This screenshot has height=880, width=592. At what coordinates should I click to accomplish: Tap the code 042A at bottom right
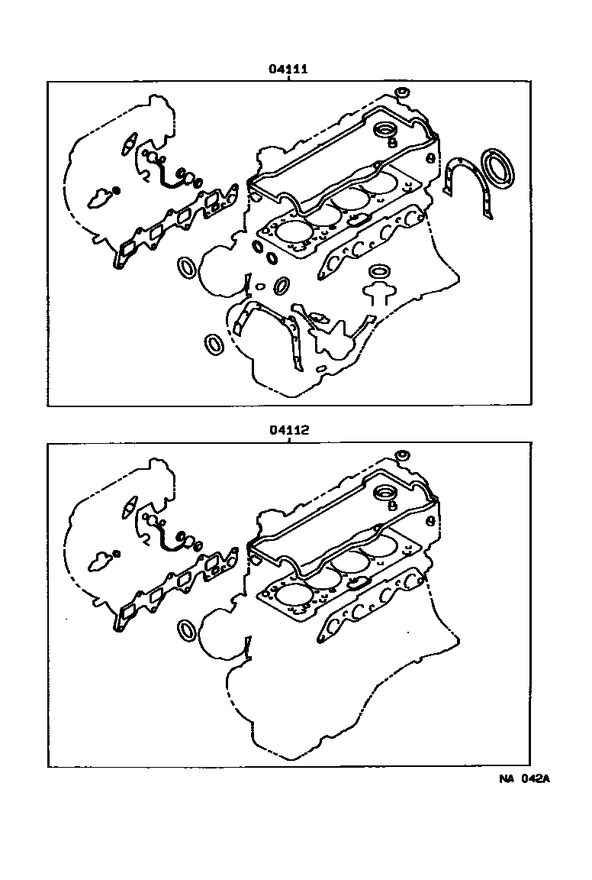(x=536, y=779)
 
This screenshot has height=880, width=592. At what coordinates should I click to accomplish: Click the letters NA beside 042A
(x=507, y=779)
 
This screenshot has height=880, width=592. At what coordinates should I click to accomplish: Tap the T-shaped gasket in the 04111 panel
(x=378, y=290)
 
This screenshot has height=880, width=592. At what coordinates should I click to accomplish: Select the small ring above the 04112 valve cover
(x=403, y=455)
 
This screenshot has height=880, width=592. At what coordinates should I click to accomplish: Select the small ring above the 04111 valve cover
(x=403, y=92)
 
